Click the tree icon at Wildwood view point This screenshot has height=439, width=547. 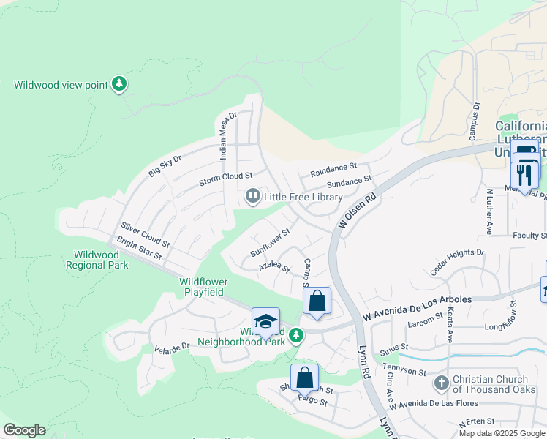click(119, 85)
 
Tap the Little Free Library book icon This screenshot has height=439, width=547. click(252, 197)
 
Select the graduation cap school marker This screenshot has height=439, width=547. click(265, 322)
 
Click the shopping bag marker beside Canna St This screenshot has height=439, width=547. click(317, 301)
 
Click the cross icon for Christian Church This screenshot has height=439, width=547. click(441, 383)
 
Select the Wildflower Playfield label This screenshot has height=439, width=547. click(204, 287)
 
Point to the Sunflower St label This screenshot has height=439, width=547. click(271, 242)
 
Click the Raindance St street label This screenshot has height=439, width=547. click(333, 170)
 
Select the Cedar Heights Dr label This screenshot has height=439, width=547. click(457, 261)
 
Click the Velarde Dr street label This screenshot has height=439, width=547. click(172, 347)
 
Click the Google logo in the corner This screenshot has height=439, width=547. click(24, 430)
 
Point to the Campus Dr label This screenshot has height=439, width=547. click(473, 121)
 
